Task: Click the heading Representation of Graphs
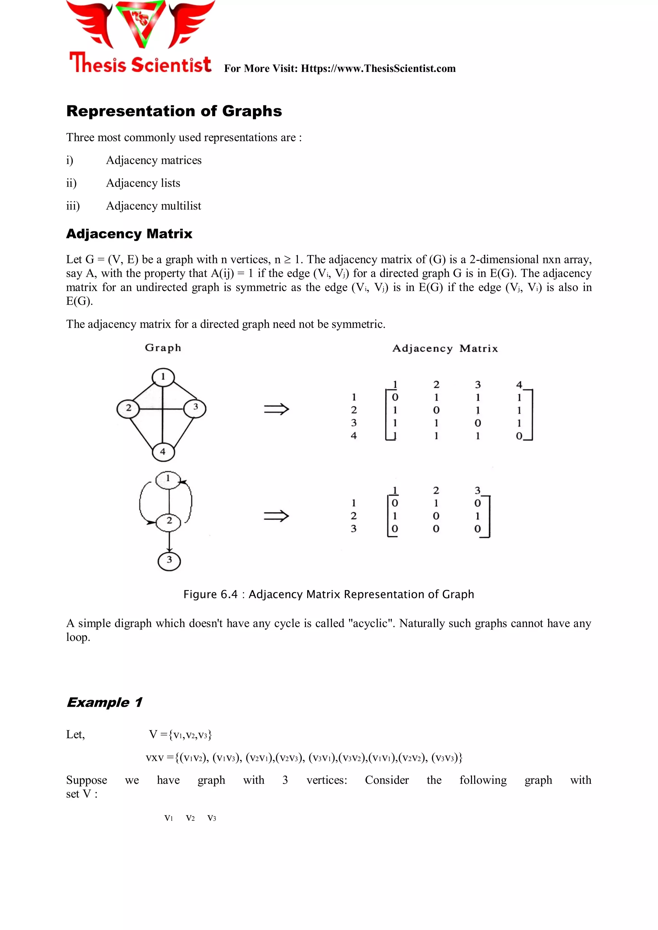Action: click(174, 111)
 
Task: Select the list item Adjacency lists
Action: click(143, 183)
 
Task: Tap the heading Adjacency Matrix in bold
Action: click(129, 234)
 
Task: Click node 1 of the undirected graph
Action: click(163, 377)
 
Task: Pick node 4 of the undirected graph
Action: click(163, 451)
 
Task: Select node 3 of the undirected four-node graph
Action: click(195, 407)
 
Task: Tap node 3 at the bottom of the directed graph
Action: click(169, 561)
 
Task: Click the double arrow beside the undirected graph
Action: click(276, 409)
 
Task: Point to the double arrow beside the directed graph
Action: click(276, 516)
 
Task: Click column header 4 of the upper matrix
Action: click(519, 385)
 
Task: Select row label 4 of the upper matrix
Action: click(354, 436)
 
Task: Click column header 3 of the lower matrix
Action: click(478, 491)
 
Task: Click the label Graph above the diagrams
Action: click(163, 348)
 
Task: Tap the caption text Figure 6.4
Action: click(210, 594)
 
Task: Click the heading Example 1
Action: click(104, 702)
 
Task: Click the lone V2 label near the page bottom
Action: click(190, 818)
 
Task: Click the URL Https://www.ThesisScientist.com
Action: click(378, 68)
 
